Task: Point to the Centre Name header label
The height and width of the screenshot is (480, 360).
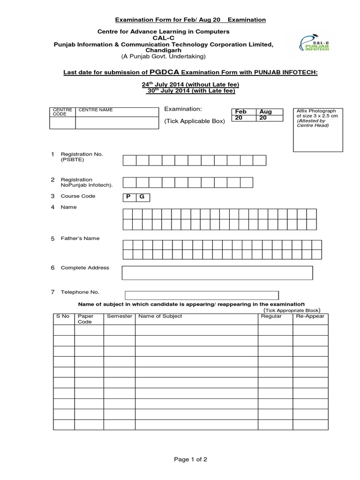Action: (96, 110)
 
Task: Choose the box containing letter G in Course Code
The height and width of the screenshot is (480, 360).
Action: (142, 197)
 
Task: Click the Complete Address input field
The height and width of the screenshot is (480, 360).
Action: (217, 273)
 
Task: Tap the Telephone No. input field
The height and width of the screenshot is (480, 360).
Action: (202, 295)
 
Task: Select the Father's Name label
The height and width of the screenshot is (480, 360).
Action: (80, 238)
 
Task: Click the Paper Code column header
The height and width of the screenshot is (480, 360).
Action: (85, 319)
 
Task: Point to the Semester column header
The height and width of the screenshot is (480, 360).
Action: (120, 316)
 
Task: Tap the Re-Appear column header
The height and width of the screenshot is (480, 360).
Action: (310, 316)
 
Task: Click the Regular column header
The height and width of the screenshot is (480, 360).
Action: (271, 316)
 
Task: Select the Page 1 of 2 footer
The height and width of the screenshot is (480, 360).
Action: (190, 460)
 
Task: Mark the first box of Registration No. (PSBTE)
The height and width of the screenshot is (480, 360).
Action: (129, 161)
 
